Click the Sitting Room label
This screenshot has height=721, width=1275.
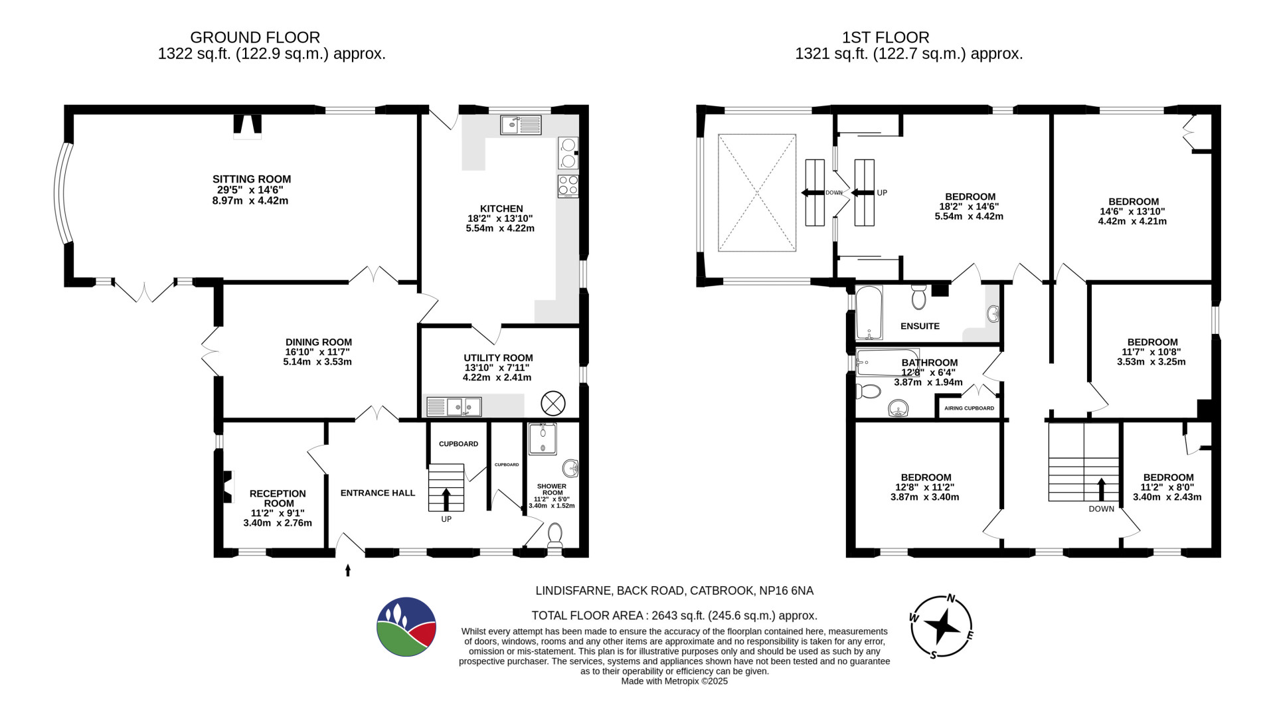tap(252, 179)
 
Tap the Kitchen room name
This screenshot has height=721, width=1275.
tap(501, 208)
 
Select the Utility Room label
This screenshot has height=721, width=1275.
tap(498, 358)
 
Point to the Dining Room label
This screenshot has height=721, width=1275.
tap(319, 343)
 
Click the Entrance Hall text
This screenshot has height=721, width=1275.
tap(378, 493)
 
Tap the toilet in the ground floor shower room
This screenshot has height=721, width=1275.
tap(554, 535)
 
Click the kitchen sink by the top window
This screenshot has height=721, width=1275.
tap(521, 125)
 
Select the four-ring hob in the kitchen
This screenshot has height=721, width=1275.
tap(568, 187)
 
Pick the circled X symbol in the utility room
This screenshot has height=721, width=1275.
tap(552, 403)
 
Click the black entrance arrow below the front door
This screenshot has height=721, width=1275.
tap(347, 570)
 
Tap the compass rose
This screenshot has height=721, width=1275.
tap(941, 625)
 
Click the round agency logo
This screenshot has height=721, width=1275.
tap(406, 627)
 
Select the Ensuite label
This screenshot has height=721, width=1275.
tap(920, 326)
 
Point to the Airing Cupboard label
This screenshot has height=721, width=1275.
tap(969, 408)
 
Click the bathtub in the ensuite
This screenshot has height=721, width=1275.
tap(869, 313)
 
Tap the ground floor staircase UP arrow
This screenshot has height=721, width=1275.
tap(445, 499)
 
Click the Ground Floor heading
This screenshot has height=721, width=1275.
tap(255, 37)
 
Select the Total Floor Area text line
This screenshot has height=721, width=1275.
tap(674, 615)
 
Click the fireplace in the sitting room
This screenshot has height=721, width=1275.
tap(247, 125)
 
